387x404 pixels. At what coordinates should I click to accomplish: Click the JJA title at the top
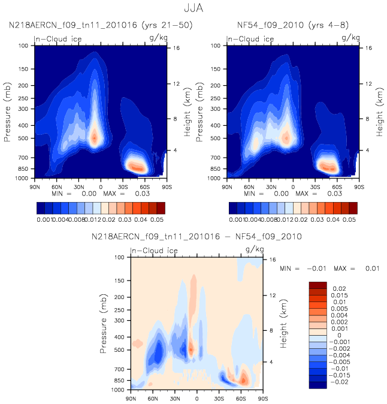tap(193, 8)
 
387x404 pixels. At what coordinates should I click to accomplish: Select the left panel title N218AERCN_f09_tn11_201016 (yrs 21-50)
tap(101, 25)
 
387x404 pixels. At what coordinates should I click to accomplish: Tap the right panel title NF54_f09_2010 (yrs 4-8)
tap(293, 25)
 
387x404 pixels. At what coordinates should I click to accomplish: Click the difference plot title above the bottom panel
tap(196, 237)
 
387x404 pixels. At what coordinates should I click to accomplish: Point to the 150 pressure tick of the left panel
tap(23, 69)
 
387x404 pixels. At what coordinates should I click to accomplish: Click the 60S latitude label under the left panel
tap(145, 187)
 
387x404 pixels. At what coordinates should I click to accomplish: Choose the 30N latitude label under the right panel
tap(271, 187)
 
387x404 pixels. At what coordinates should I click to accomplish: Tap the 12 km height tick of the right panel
tap(368, 84)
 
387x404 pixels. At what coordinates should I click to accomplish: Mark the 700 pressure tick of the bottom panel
tap(119, 369)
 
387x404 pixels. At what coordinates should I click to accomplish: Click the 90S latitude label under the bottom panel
tap(263, 399)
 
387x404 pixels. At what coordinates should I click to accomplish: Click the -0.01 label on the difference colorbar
tap(339, 369)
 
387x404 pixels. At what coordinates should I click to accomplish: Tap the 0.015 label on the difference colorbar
tap(339, 296)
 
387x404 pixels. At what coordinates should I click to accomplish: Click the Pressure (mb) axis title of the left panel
tap(7, 112)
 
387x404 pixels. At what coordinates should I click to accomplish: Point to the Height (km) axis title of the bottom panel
tap(283, 324)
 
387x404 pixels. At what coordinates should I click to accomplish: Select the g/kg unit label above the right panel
tap(350, 38)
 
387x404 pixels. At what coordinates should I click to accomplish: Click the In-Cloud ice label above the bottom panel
tap(154, 251)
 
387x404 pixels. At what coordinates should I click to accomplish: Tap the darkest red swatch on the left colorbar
tap(161, 208)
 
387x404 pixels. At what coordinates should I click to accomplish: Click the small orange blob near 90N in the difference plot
tap(138, 343)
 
